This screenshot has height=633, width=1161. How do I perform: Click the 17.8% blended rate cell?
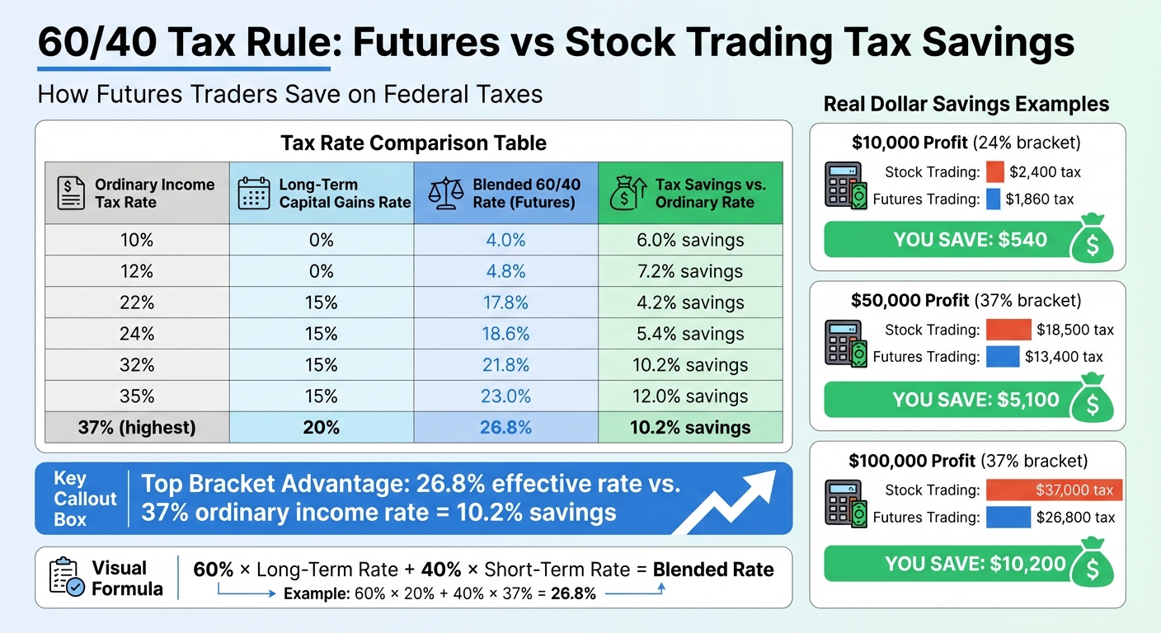[505, 302]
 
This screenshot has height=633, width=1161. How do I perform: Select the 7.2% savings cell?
[689, 271]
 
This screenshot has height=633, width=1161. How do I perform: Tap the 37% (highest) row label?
[137, 427]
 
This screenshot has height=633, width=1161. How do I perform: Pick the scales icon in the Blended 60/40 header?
[446, 193]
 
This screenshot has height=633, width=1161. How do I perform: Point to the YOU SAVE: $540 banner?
[947, 241]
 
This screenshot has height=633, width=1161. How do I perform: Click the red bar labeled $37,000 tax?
[1053, 490]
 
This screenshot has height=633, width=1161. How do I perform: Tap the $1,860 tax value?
[1041, 199]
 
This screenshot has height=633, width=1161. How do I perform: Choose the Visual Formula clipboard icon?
[66, 577]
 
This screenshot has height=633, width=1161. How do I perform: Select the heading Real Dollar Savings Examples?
[966, 105]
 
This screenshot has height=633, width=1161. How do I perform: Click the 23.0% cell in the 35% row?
[505, 396]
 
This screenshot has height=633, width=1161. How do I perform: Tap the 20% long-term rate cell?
[322, 427]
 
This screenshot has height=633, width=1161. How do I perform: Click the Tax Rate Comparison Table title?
[413, 143]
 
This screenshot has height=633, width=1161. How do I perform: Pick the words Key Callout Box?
[74, 499]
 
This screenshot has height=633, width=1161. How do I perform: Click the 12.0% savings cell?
[689, 396]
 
